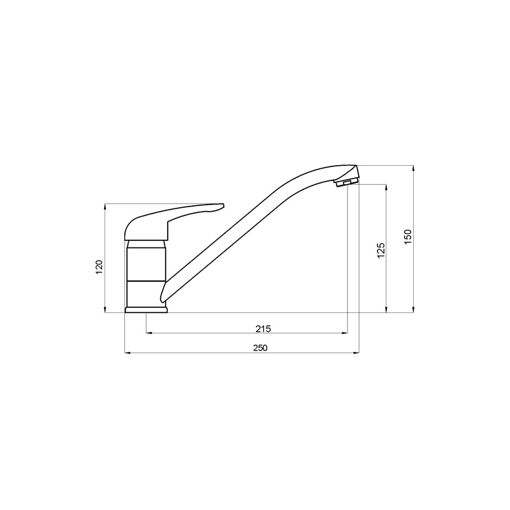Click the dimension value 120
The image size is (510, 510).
pos(99,266)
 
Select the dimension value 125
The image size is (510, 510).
pos(381,250)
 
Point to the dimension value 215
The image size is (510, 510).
pos(263,329)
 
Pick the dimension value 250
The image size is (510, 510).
pos(260,348)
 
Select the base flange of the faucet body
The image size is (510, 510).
pos(146,310)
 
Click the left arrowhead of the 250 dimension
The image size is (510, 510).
pos(128,353)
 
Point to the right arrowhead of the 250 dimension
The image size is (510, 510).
pos(356,353)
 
